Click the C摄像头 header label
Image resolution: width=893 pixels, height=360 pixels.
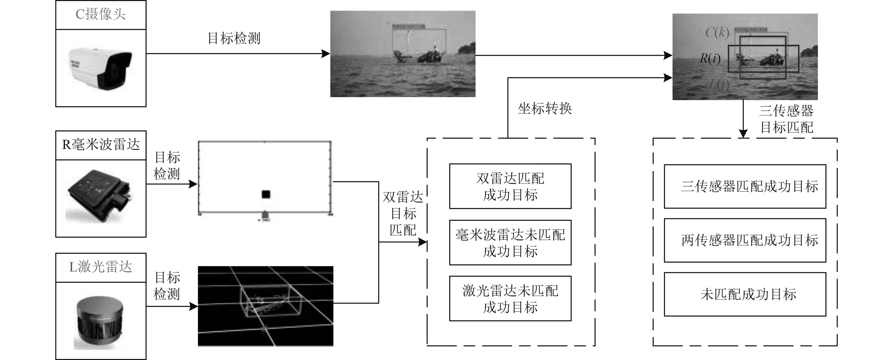click(101, 15)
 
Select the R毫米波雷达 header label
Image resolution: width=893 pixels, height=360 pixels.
click(101, 145)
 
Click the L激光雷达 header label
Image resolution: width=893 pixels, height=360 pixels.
click(101, 267)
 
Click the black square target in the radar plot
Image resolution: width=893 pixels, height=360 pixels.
click(266, 194)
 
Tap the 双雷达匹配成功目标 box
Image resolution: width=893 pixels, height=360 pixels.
click(510, 186)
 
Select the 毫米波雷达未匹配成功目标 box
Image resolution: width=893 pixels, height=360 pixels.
click(510, 243)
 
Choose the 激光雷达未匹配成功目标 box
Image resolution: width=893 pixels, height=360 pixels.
click(510, 299)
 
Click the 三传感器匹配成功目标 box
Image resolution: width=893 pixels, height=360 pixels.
click(745, 186)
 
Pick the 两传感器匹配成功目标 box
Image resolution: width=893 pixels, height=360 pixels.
click(745, 240)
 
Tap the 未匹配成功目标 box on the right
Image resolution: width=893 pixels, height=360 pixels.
click(745, 294)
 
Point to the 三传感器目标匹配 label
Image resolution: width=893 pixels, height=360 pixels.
click(786, 119)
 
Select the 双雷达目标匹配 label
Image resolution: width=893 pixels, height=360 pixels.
click(403, 214)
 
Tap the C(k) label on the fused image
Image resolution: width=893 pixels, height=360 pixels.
click(717, 33)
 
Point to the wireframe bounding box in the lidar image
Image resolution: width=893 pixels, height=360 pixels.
click(270, 301)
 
